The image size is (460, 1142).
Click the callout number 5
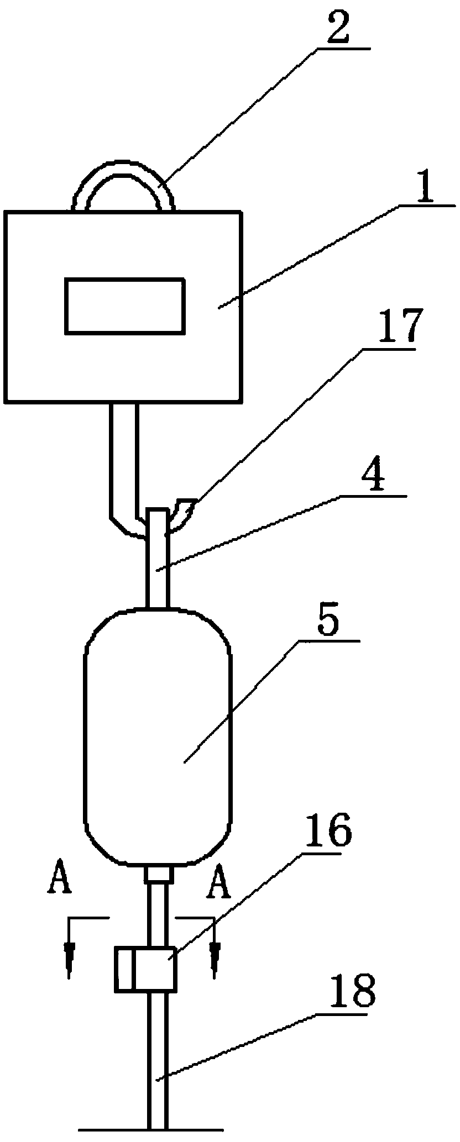pyautogui.click(x=330, y=624)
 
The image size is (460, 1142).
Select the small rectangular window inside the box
pyautogui.click(x=125, y=306)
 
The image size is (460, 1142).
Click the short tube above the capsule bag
pyautogui.click(x=158, y=575)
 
